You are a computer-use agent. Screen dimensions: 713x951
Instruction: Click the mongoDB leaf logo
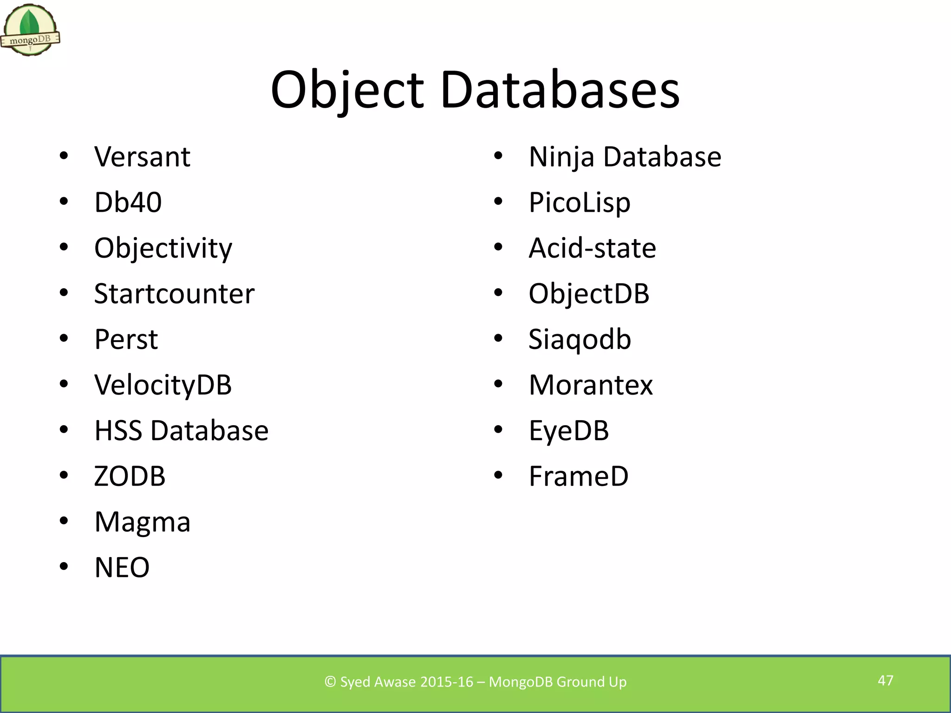(x=30, y=29)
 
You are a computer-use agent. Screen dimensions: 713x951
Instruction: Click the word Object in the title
(x=347, y=90)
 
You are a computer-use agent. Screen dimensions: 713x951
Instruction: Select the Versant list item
(x=142, y=157)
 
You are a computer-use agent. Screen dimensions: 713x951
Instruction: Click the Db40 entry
(x=128, y=202)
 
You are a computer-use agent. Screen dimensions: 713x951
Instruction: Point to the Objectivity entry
(x=163, y=248)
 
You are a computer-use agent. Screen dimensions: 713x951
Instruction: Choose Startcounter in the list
(x=174, y=294)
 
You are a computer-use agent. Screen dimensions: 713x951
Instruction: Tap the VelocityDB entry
(x=163, y=385)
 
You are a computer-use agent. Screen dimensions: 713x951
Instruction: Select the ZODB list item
(x=130, y=476)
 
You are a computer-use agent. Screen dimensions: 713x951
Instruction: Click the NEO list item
(x=122, y=567)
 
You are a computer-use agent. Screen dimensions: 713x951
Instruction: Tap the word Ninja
(x=561, y=157)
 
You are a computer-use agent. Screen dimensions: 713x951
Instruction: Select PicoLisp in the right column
(x=580, y=203)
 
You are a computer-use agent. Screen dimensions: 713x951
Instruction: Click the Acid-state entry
(x=592, y=248)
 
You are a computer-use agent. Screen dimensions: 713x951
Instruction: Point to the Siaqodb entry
(x=580, y=339)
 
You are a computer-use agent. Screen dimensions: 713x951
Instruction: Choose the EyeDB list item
(x=568, y=431)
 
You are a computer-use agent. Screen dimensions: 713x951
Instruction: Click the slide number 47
(x=885, y=681)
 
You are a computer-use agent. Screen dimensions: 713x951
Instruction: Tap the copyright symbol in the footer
(x=330, y=682)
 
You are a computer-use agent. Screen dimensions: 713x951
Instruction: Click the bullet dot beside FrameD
(x=498, y=475)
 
